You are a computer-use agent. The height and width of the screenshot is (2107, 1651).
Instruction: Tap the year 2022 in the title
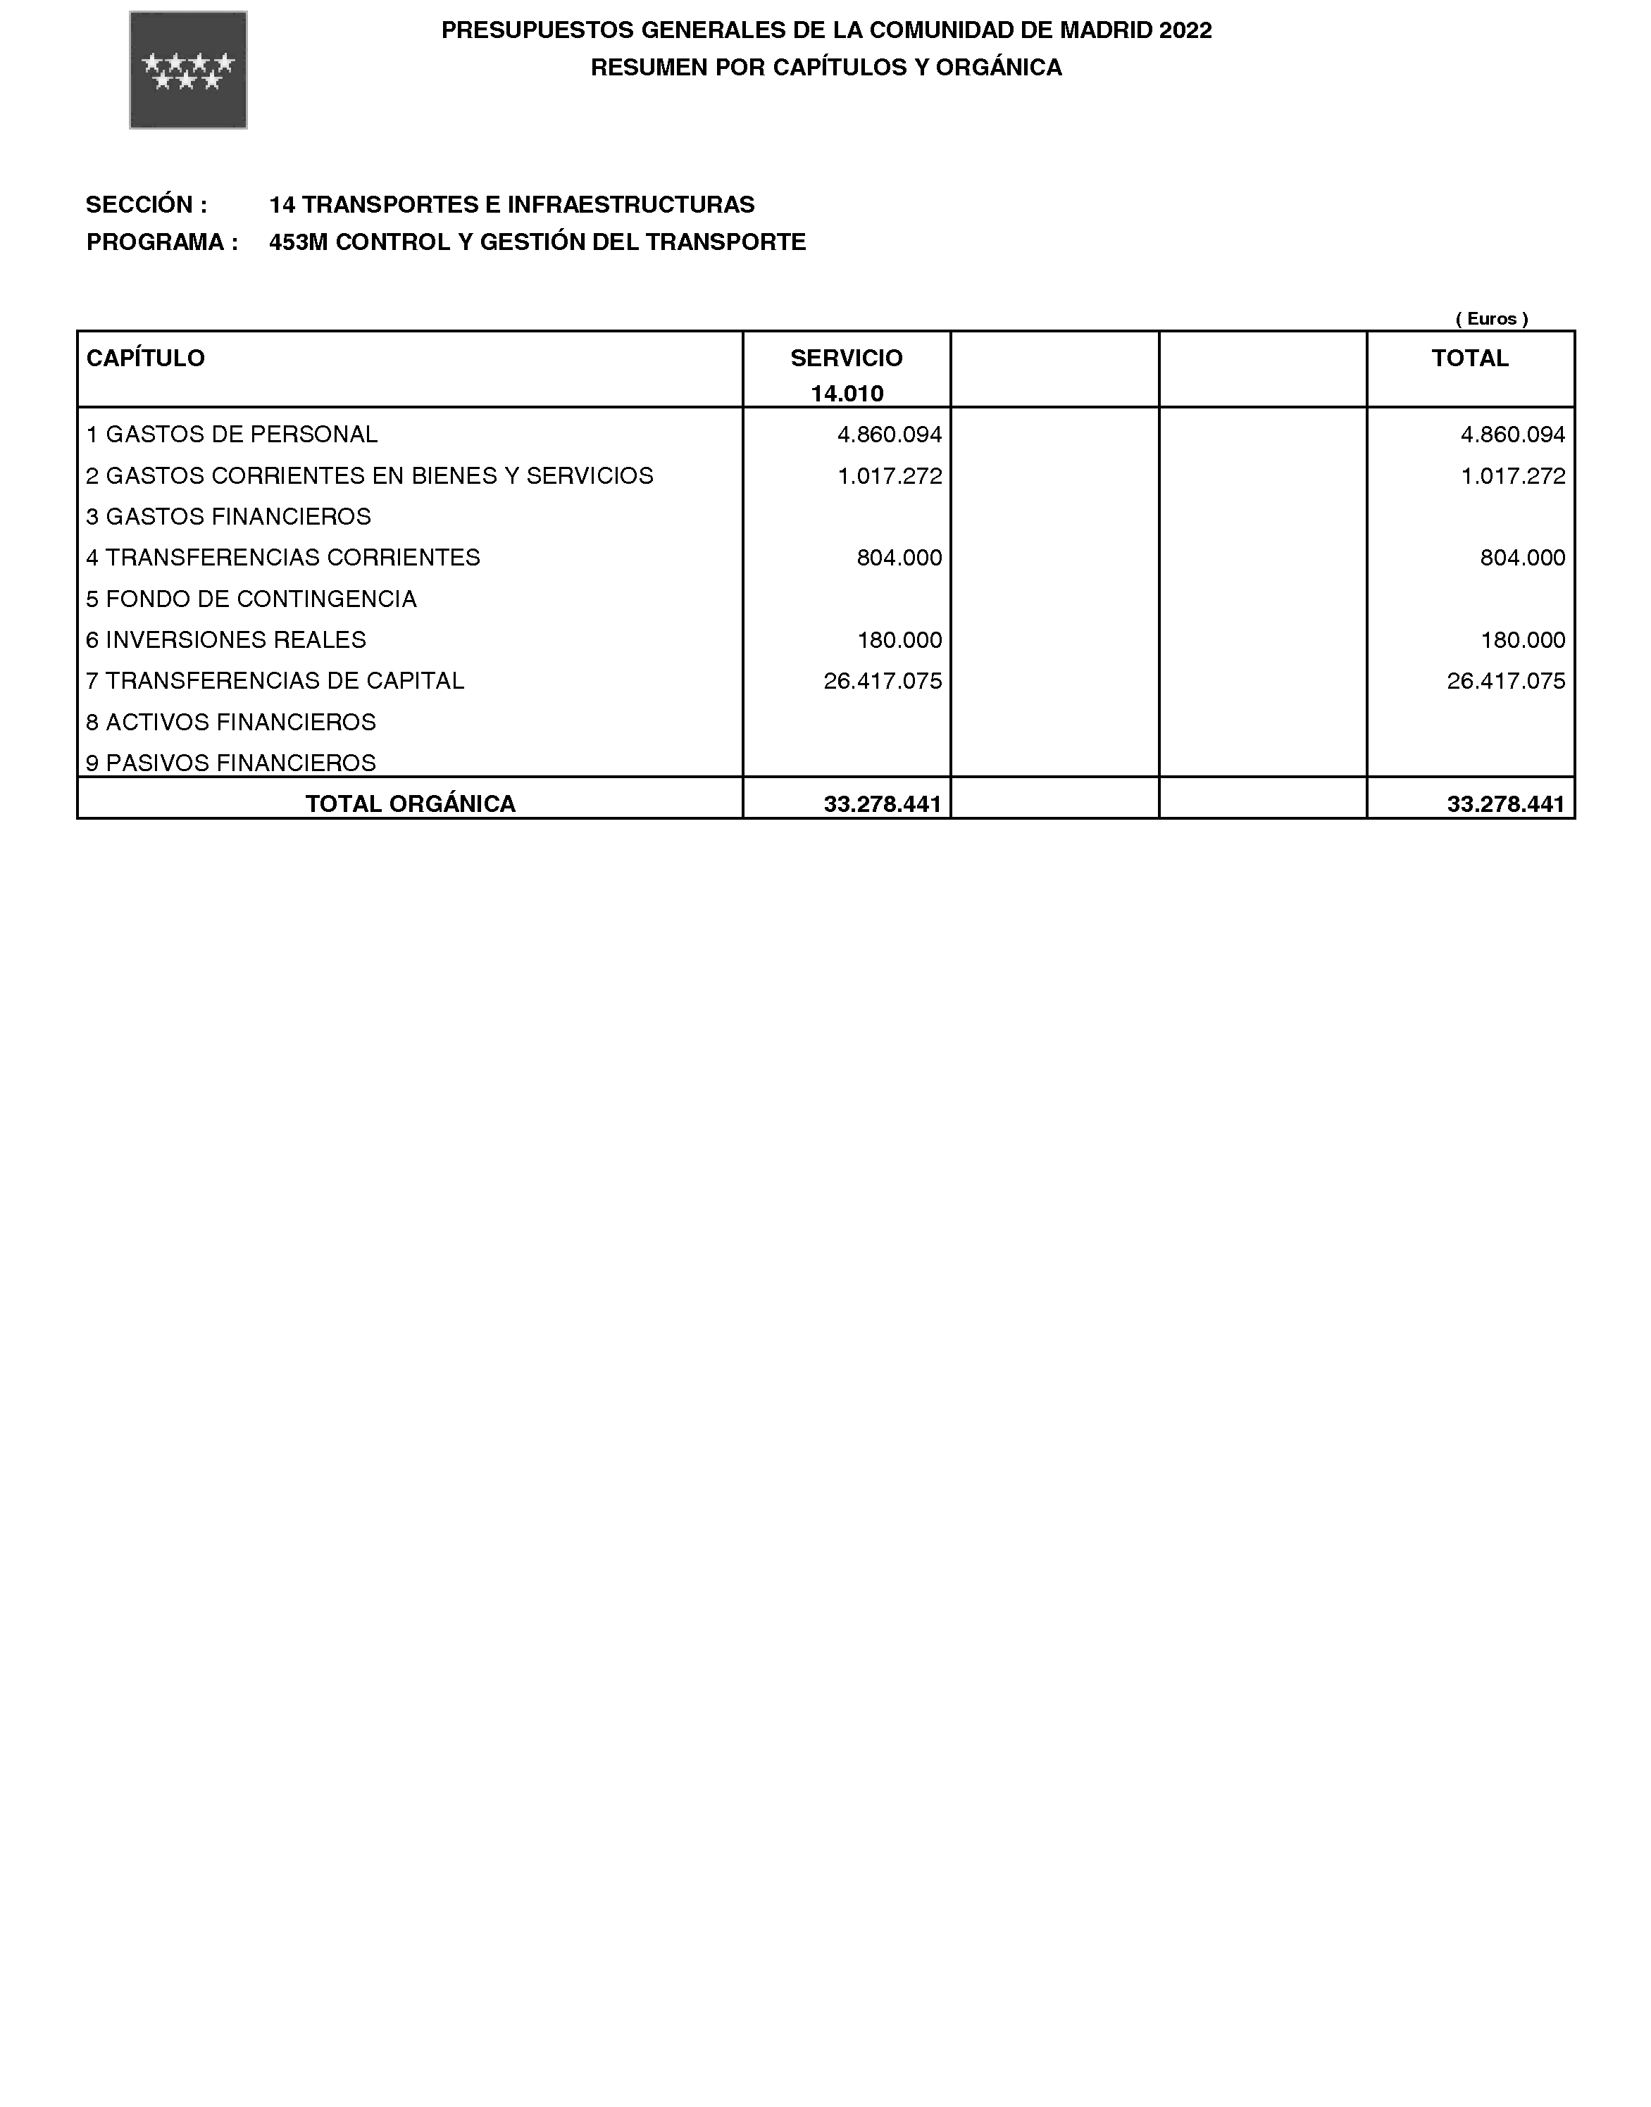coord(1185,30)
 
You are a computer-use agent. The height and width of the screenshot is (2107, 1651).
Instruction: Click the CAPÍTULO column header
coord(146,358)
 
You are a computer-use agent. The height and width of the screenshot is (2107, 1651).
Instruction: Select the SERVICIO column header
coord(846,358)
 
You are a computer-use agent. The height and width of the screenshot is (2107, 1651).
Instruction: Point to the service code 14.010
coord(847,394)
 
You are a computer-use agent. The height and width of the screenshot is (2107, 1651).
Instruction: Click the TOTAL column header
coord(1469,358)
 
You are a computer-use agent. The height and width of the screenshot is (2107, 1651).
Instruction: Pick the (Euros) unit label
coord(1492,318)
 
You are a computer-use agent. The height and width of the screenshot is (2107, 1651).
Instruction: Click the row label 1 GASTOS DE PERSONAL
coord(232,435)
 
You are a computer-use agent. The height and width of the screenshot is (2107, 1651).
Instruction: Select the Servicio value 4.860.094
coord(890,435)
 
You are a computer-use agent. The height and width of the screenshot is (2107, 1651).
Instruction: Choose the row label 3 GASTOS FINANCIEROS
coord(229,517)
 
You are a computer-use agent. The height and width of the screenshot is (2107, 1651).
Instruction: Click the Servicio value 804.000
coord(899,558)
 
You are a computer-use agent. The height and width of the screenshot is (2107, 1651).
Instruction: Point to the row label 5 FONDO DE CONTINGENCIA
coord(251,599)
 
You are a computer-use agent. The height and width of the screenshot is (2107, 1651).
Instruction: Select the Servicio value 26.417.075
coord(883,682)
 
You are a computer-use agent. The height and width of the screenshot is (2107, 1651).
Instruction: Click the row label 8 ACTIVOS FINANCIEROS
coord(231,722)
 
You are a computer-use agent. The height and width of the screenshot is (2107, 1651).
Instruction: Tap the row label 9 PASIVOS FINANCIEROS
coord(231,763)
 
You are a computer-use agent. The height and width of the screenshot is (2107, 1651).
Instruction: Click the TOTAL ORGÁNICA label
coord(411,804)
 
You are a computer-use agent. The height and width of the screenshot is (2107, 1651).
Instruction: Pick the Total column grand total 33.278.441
coord(1506,804)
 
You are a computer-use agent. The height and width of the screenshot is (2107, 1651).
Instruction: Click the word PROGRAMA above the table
coord(156,242)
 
